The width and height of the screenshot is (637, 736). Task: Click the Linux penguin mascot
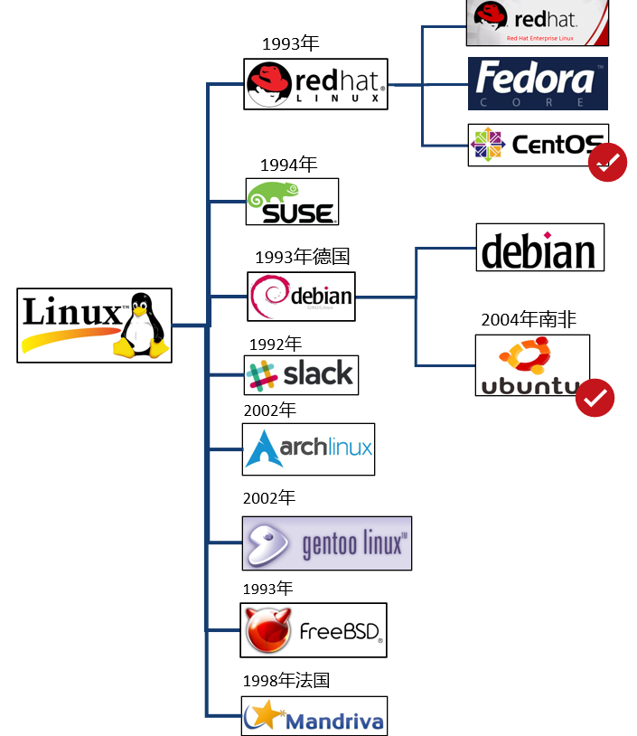point(140,326)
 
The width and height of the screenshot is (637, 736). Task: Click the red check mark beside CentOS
point(607,162)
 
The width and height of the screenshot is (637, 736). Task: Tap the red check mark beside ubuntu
point(595,398)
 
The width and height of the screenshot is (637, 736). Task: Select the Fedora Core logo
point(538,84)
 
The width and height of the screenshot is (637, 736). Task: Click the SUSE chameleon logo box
point(292,202)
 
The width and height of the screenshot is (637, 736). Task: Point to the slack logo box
point(301,374)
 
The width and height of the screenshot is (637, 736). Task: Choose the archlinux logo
point(308,448)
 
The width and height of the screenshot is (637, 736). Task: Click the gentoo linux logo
point(326,543)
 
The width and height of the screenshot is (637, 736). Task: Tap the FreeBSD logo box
point(313,629)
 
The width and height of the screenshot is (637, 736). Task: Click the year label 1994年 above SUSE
point(288,165)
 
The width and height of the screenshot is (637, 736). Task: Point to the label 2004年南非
point(529,319)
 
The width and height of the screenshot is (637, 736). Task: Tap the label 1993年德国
point(302,257)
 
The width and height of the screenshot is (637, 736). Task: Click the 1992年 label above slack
point(275,344)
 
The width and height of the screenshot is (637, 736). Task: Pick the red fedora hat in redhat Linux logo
point(269,80)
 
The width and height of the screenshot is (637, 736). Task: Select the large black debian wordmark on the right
point(539,250)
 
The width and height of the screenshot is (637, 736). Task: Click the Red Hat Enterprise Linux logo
point(537,22)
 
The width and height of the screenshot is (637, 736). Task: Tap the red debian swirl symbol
point(269,295)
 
